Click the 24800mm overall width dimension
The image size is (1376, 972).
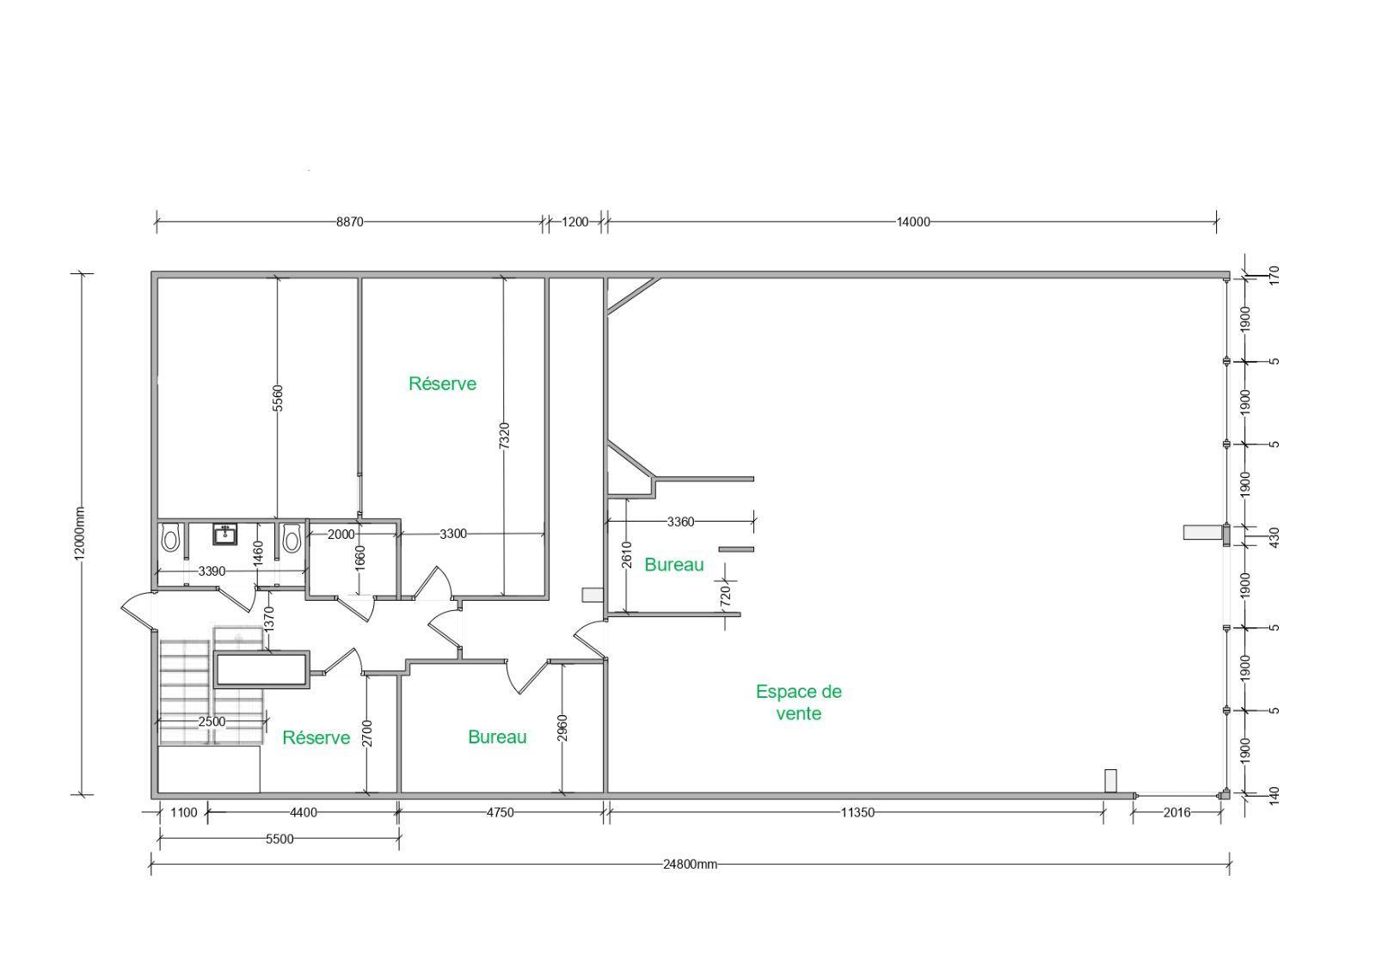pyautogui.click(x=690, y=865)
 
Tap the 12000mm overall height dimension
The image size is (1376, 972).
pyautogui.click(x=80, y=534)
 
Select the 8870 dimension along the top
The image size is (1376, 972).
pyautogui.click(x=349, y=223)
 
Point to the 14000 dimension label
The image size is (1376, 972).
pyautogui.click(x=913, y=223)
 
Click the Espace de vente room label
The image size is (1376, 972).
pyautogui.click(x=799, y=702)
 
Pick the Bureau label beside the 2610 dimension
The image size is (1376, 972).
pyautogui.click(x=674, y=565)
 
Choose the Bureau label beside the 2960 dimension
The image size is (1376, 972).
pyautogui.click(x=497, y=737)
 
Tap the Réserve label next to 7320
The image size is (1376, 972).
pyautogui.click(x=442, y=384)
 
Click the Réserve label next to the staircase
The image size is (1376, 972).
pyautogui.click(x=316, y=737)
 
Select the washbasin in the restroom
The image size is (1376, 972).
pyautogui.click(x=224, y=535)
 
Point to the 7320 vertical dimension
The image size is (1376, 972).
pyautogui.click(x=504, y=436)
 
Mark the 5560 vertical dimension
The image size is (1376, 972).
pyautogui.click(x=278, y=398)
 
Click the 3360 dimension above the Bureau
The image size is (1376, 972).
pyautogui.click(x=680, y=522)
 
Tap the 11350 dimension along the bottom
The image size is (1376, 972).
pyautogui.click(x=857, y=812)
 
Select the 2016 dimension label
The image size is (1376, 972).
pyautogui.click(x=1177, y=812)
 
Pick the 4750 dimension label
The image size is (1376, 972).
pyautogui.click(x=500, y=812)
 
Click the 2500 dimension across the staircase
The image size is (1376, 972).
pyautogui.click(x=212, y=721)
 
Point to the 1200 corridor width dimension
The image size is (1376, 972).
pyautogui.click(x=575, y=223)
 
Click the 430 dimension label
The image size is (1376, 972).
pyautogui.click(x=1274, y=538)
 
